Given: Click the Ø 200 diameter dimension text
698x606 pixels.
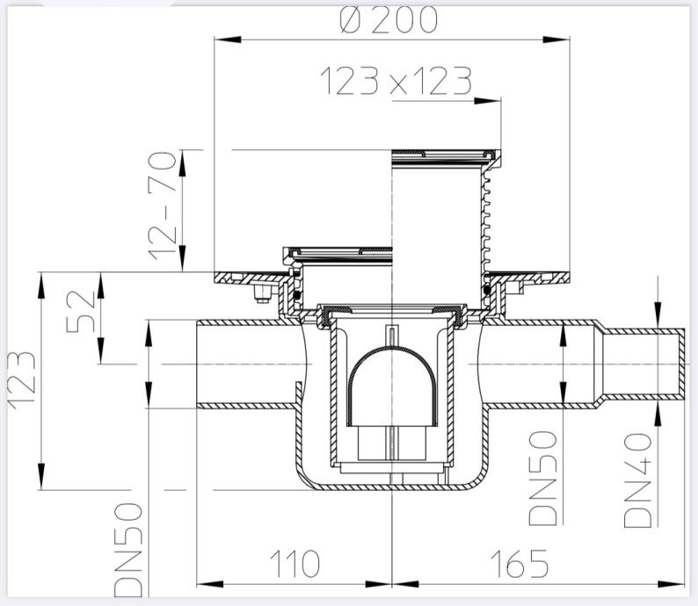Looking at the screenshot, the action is [389, 20].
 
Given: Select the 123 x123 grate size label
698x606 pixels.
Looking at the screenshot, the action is [396, 81].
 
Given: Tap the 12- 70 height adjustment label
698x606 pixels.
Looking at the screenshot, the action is [163, 206].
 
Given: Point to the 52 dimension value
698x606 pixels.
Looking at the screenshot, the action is [81, 312].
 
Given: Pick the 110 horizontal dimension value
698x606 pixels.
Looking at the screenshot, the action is [294, 564].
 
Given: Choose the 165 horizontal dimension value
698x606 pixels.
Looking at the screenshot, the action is [520, 564].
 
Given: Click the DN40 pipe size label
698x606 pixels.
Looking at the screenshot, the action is [638, 480].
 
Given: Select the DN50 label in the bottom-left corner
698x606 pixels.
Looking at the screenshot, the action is [128, 550].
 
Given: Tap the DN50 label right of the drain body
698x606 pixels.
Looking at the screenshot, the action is [542, 478].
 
